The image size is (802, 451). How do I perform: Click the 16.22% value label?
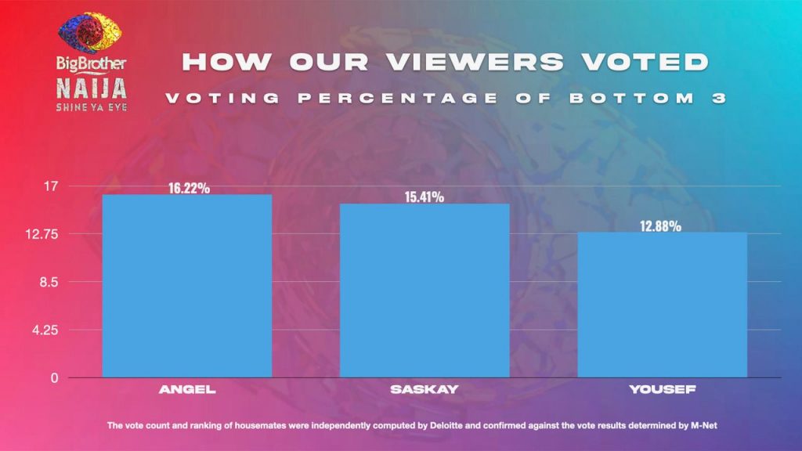(188, 189)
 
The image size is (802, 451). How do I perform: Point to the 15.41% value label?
(424, 197)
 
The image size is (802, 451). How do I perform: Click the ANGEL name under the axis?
(187, 389)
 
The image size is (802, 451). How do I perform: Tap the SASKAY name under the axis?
(424, 389)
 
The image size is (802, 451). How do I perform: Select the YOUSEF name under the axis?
(662, 389)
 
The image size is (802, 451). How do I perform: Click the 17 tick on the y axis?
(52, 186)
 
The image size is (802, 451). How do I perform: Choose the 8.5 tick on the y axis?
(49, 282)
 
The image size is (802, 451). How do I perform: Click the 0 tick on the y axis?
(55, 377)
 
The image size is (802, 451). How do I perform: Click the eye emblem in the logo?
(90, 34)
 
